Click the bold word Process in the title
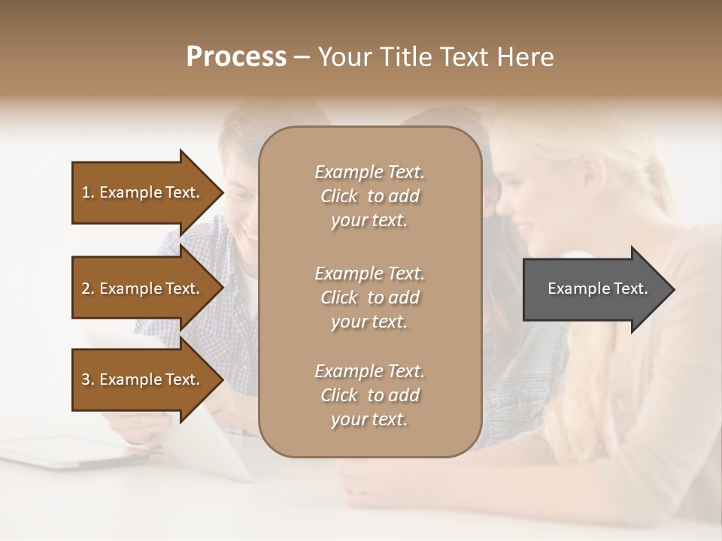(x=236, y=57)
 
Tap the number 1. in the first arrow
(x=88, y=193)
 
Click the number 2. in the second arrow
(x=88, y=289)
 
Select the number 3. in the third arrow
(x=88, y=380)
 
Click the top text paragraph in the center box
(x=369, y=196)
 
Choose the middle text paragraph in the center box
(x=369, y=298)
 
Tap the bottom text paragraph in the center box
(x=369, y=395)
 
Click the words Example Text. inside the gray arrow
(x=597, y=289)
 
